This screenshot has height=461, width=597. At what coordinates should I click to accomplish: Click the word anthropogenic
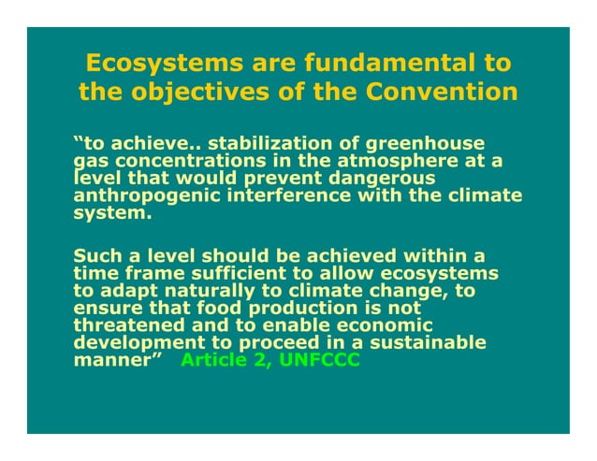(141, 194)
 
